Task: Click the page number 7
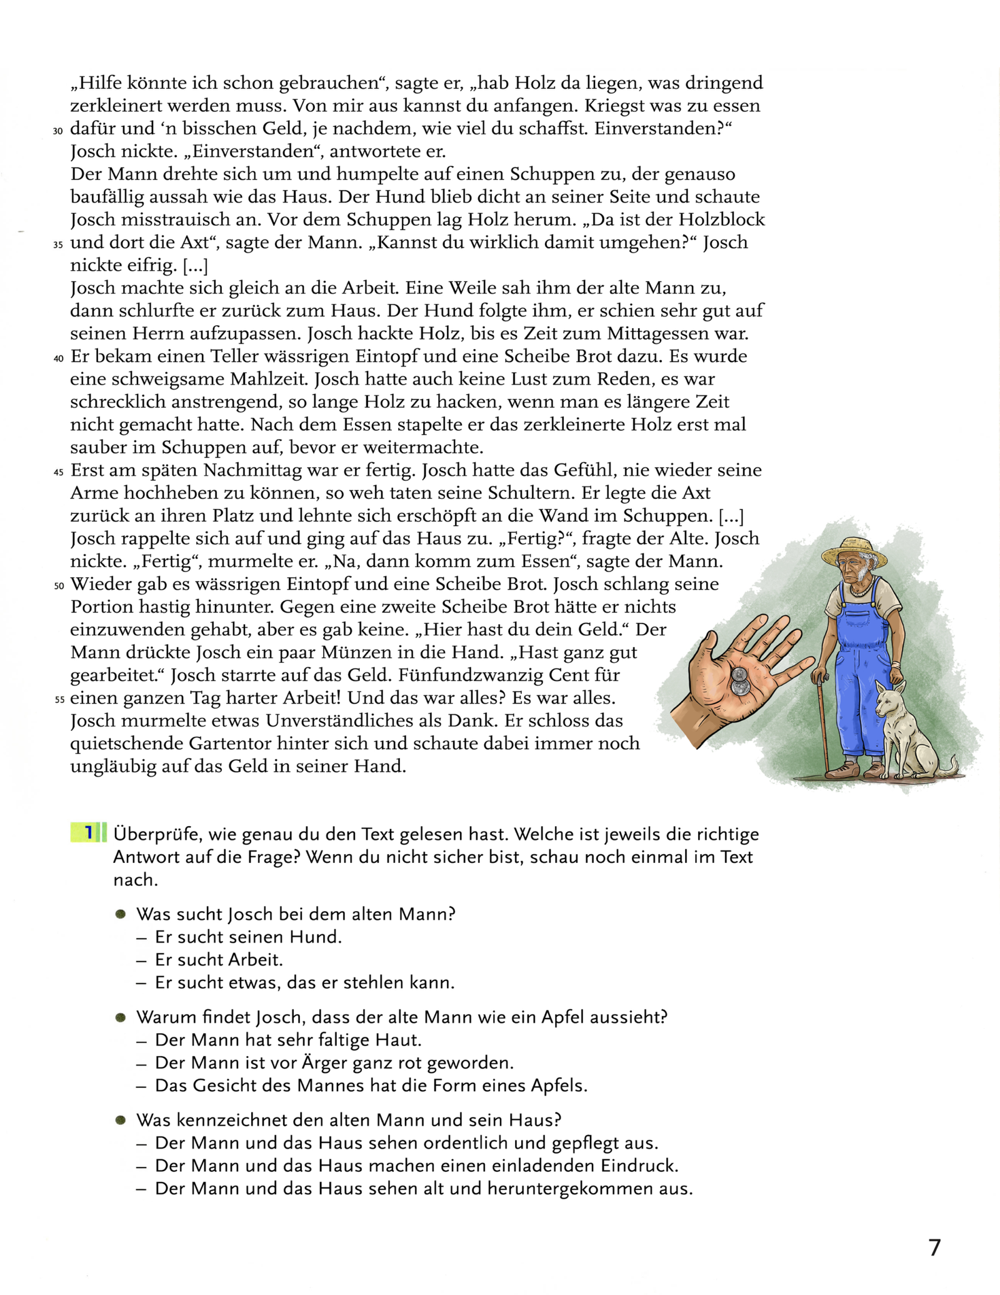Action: click(x=934, y=1247)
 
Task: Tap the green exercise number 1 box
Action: click(x=88, y=833)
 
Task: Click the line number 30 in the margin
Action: click(x=58, y=131)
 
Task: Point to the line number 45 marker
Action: click(x=58, y=472)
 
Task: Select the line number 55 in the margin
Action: click(x=59, y=700)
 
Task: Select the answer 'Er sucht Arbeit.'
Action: click(x=219, y=959)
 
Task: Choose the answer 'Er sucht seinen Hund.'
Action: click(x=248, y=937)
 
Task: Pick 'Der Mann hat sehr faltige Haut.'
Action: click(x=288, y=1040)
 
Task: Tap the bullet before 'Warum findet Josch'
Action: click(x=121, y=1017)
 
